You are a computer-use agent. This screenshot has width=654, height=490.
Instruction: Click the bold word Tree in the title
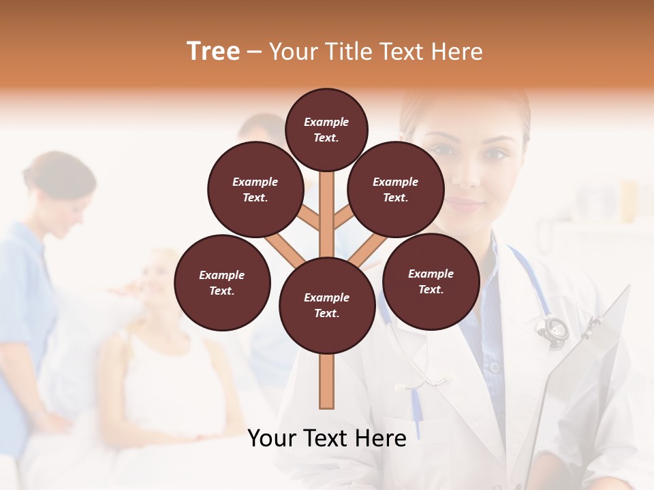[x=213, y=52]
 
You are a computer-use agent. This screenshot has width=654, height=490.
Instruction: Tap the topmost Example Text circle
[x=326, y=129]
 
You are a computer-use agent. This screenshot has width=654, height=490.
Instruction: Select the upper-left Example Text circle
[x=255, y=190]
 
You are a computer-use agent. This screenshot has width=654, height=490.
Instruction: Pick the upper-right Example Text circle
[x=396, y=190]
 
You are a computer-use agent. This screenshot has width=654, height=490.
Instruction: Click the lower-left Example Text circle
[x=222, y=283]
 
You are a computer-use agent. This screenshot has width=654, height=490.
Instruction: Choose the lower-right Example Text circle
[x=431, y=281]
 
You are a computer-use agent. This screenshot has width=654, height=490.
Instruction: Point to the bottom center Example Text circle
[x=327, y=306]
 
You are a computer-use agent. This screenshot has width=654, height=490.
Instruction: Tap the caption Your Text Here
[x=326, y=438]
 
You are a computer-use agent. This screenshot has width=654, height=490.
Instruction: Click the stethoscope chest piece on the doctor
[x=552, y=329]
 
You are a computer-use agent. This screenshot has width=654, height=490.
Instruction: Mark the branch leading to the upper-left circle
[x=308, y=218]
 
